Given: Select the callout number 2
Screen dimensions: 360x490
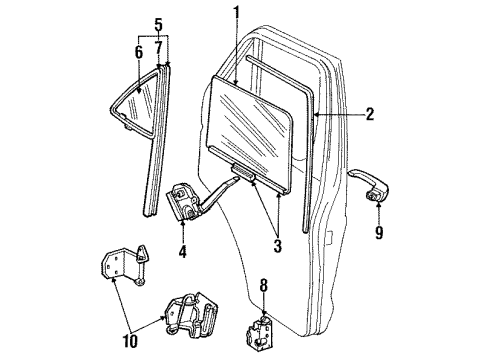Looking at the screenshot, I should [369, 115].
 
